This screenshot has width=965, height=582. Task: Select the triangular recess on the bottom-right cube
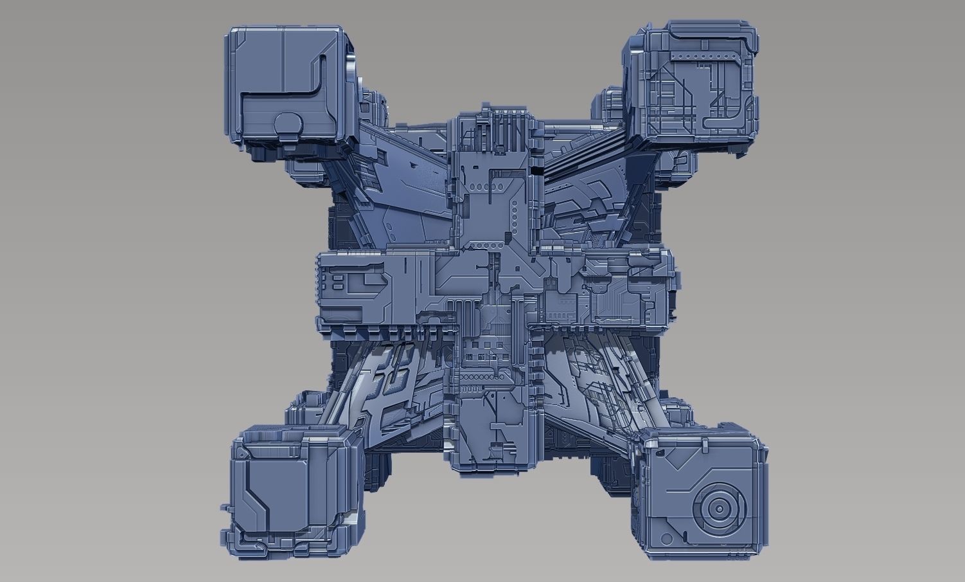[671, 458]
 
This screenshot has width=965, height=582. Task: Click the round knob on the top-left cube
[288, 125]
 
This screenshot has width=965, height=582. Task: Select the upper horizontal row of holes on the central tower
[479, 186]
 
